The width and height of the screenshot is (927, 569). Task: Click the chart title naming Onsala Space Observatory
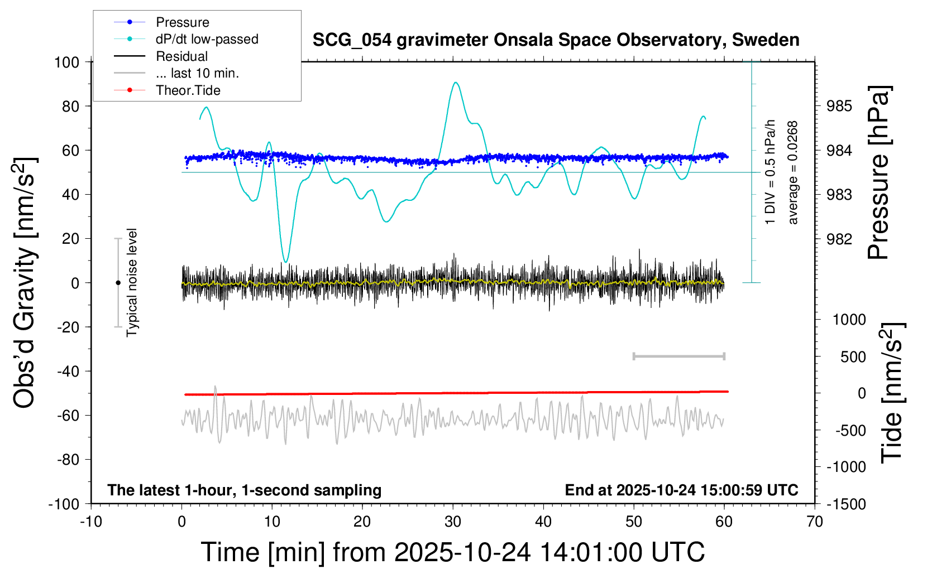pos(556,40)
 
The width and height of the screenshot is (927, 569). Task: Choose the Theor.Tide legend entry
pos(188,90)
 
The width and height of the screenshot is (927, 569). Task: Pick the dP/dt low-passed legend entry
pos(207,39)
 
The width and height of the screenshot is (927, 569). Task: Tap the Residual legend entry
pos(181,56)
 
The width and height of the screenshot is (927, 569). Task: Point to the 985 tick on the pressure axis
pos(839,106)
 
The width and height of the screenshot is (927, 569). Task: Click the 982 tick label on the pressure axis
pos(839,239)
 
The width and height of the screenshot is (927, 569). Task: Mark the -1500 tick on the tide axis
pos(846,504)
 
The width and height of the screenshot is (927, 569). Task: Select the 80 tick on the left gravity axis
pos(70,106)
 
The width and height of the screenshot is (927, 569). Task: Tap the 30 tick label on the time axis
pos(453,522)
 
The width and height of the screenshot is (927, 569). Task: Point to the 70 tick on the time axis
pos(815,522)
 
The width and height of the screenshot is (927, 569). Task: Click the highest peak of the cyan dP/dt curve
pos(456,83)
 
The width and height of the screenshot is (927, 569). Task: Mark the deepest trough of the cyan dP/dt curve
pos(286,261)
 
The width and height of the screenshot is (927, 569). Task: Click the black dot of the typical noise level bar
pos(118,283)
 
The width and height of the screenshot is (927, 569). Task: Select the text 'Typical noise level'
pos(132,283)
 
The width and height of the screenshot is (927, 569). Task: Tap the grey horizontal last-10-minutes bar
pos(678,356)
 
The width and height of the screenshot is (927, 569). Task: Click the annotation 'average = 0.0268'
pos(793,173)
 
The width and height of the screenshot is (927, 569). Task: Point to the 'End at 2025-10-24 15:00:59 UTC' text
pos(681,490)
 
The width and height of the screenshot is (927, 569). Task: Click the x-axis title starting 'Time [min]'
pos(453,552)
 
